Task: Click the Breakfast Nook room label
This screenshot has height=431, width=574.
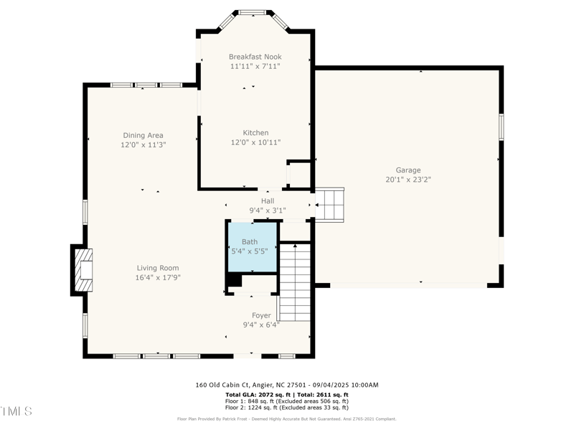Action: [255, 57]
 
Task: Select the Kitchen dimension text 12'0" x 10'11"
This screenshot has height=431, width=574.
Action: [255, 142]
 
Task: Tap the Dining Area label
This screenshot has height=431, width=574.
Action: [143, 135]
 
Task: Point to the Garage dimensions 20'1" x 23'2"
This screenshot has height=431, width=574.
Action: [408, 180]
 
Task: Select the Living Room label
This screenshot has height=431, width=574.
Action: [158, 268]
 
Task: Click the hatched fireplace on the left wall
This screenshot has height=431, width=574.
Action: [81, 269]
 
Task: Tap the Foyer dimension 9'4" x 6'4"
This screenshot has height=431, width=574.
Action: [261, 325]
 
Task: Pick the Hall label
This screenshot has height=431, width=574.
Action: [268, 201]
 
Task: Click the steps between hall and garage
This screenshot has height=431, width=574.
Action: [329, 204]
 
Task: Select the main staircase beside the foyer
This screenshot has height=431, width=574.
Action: [294, 282]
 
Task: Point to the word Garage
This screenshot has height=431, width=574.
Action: [408, 170]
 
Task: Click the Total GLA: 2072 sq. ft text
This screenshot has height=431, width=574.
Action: [254, 395]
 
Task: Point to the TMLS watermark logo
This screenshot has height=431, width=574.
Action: [16, 412]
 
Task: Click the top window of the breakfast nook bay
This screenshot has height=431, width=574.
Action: [253, 12]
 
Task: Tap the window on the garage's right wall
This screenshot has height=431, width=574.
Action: [502, 126]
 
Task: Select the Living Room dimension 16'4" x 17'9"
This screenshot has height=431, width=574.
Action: [158, 277]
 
